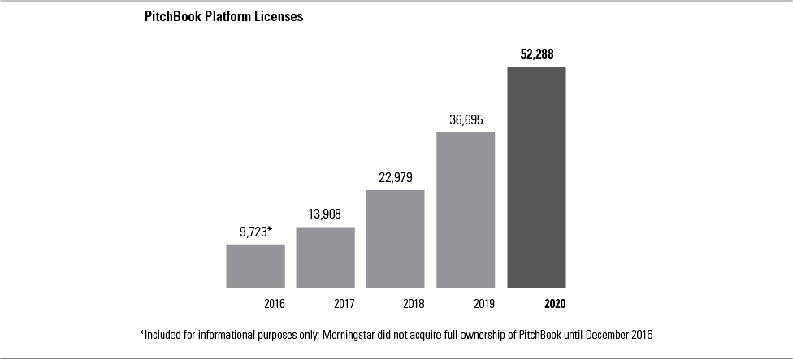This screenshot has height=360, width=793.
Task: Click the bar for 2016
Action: pos(255,266)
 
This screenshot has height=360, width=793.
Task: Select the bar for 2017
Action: pos(325,257)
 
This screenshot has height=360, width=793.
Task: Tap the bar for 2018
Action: pos(395,238)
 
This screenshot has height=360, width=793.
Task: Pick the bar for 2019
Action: pos(466,210)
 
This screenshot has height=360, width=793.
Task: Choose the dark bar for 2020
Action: pos(536,176)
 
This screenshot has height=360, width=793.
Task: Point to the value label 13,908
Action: pos(325,215)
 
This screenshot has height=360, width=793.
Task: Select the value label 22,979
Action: pos(395,178)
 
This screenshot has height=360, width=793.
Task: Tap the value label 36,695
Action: pos(466,119)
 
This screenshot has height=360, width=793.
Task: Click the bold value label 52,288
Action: pos(537,54)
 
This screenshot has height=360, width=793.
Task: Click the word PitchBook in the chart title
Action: pos(173,16)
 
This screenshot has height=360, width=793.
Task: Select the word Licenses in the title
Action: pos(279,16)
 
